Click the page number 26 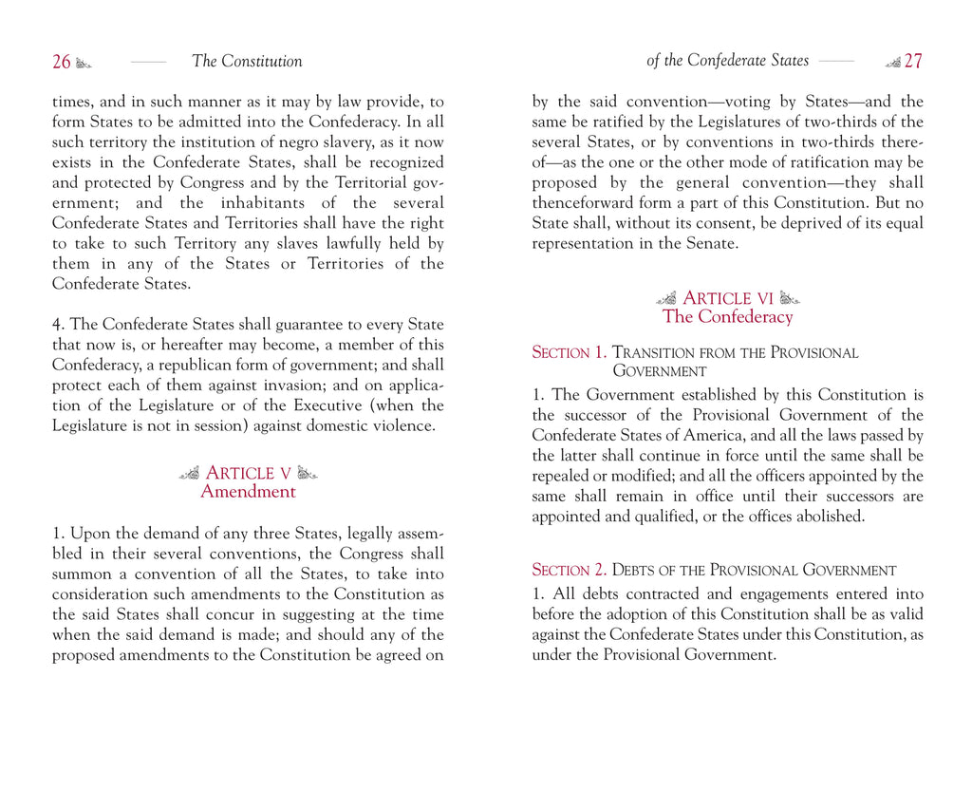(61, 62)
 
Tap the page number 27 (912, 62)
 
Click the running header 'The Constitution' (247, 62)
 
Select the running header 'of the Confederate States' (727, 61)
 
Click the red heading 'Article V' (248, 473)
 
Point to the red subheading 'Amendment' (248, 492)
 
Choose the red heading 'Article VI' (728, 298)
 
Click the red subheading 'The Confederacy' (727, 317)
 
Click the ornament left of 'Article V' (189, 473)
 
